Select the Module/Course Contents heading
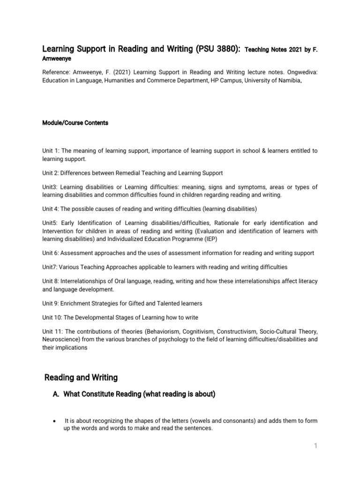click(75, 123)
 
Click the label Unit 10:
click(52, 317)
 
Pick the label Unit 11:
click(52, 331)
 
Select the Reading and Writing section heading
click(81, 377)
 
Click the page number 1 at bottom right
click(315, 446)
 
